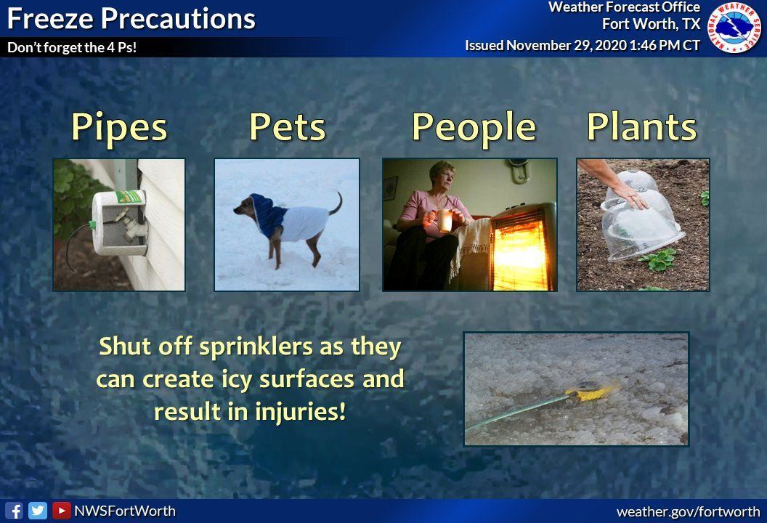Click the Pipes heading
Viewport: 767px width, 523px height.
click(x=119, y=127)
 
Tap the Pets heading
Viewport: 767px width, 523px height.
click(x=288, y=126)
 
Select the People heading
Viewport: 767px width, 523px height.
click(x=474, y=128)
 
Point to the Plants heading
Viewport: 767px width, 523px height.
click(x=642, y=126)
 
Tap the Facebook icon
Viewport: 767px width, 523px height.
click(x=15, y=511)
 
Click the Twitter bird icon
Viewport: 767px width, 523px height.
click(x=38, y=511)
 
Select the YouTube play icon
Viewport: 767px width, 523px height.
click(x=61, y=511)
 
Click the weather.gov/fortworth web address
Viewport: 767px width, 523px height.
click(x=689, y=512)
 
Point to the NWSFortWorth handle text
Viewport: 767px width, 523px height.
click(x=125, y=511)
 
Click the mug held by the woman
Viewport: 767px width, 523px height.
click(x=445, y=220)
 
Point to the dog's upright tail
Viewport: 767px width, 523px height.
click(x=336, y=203)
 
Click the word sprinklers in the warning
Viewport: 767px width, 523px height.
click(x=256, y=347)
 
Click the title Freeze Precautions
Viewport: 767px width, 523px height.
click(x=131, y=19)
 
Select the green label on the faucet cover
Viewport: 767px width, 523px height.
click(x=130, y=197)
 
